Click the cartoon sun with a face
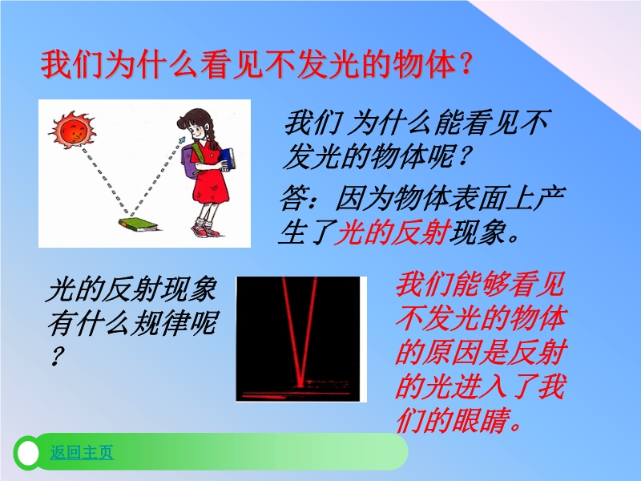click(73, 130)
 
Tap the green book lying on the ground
click(138, 225)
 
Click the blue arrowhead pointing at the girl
click(181, 140)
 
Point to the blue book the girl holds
click(228, 159)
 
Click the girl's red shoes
click(206, 230)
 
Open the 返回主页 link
click(82, 452)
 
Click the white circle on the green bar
click(28, 453)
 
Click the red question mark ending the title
click(466, 65)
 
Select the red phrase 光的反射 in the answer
click(392, 232)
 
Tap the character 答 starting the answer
click(294, 199)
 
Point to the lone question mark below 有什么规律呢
click(57, 356)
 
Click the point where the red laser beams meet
click(300, 385)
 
